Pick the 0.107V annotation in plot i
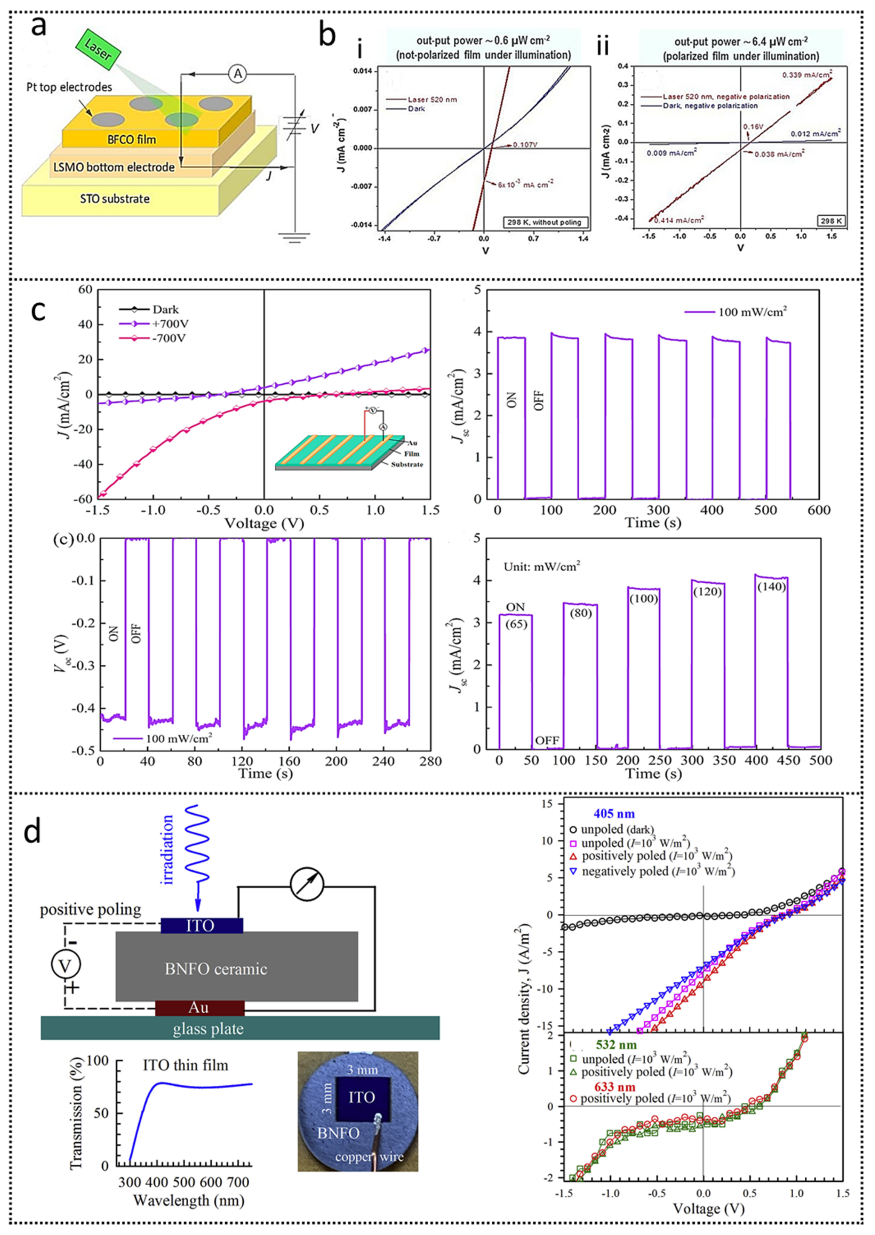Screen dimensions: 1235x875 tap(526, 144)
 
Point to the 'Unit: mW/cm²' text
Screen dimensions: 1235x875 tap(542, 566)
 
